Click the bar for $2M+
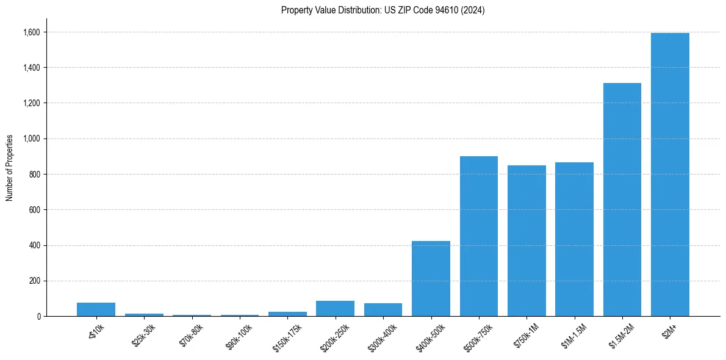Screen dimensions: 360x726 pos(670,175)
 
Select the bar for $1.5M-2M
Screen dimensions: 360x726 pos(622,200)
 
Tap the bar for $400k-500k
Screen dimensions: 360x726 pos(431,279)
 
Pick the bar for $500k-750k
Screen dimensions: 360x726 pos(478,236)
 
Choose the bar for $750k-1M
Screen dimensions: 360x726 pos(527,241)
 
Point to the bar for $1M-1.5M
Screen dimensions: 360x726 pos(574,239)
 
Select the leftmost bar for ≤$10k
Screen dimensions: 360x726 pos(96,309)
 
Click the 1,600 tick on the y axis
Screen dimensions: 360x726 pos(32,32)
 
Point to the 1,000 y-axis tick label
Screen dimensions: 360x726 pos(32,139)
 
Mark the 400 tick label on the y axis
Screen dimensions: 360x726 pos(35,245)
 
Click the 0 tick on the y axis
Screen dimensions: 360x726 pos(39,316)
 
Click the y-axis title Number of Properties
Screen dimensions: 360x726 pos(10,168)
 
